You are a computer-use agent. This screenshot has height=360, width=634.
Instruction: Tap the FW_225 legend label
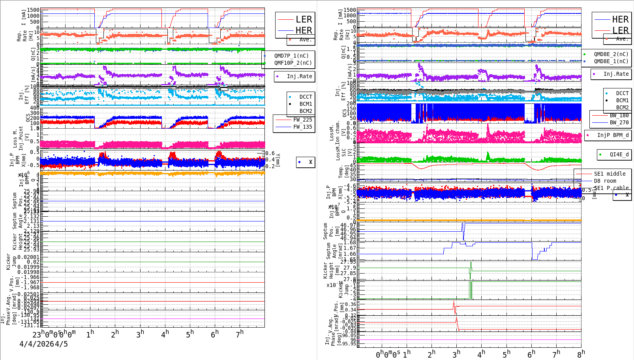302,120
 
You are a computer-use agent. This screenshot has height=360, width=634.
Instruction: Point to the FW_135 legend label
302,127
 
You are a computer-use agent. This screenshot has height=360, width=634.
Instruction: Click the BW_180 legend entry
619,115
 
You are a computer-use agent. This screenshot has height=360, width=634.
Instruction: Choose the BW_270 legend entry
619,122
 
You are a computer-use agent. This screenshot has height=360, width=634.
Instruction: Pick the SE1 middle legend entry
610,174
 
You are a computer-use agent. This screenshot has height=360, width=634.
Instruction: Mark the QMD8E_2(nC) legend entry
611,54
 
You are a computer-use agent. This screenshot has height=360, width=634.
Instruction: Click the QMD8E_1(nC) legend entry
611,61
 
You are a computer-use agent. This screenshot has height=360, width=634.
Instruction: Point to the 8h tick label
581,353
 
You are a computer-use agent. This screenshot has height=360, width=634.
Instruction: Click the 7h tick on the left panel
240,334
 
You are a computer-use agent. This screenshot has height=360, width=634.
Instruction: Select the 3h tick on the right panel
456,354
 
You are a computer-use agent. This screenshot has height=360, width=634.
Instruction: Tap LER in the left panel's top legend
304,19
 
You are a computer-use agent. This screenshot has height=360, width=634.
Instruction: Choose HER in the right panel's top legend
620,19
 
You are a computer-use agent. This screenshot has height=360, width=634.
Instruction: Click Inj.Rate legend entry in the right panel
616,74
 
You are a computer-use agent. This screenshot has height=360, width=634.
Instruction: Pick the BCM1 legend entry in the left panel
306,104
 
